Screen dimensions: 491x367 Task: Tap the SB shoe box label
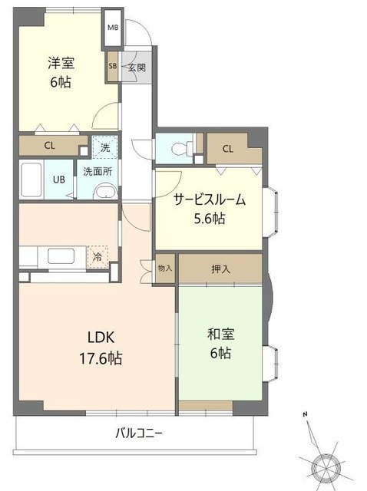point(112,67)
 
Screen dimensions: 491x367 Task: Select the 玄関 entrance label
point(137,67)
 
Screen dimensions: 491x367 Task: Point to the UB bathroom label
point(58,180)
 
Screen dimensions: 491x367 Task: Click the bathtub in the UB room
point(31,180)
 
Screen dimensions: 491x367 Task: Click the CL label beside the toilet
point(229,148)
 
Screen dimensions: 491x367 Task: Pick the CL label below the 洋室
point(49,146)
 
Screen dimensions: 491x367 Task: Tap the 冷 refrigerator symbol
point(98,256)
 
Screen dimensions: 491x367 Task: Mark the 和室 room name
point(220,334)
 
